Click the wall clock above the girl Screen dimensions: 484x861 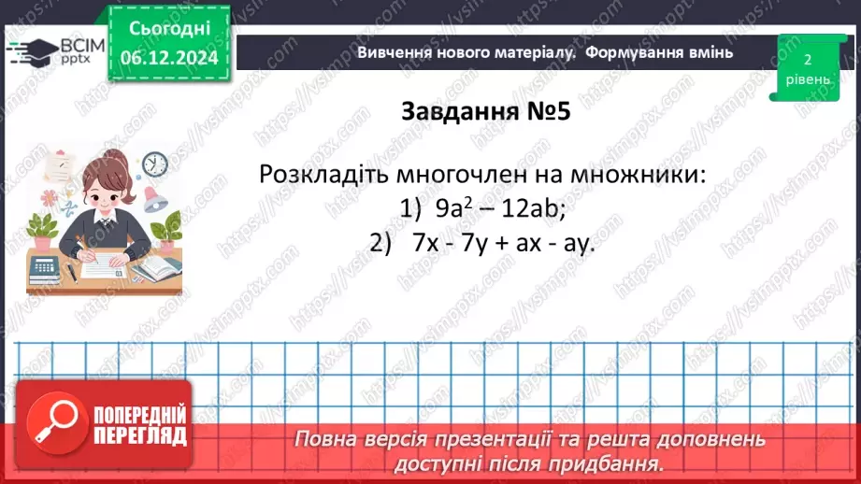155,164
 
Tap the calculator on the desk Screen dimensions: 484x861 44,269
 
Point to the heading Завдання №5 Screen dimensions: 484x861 485,111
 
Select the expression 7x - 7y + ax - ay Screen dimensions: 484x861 503,243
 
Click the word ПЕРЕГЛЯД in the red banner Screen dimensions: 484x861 139,435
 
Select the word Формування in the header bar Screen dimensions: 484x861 633,52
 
